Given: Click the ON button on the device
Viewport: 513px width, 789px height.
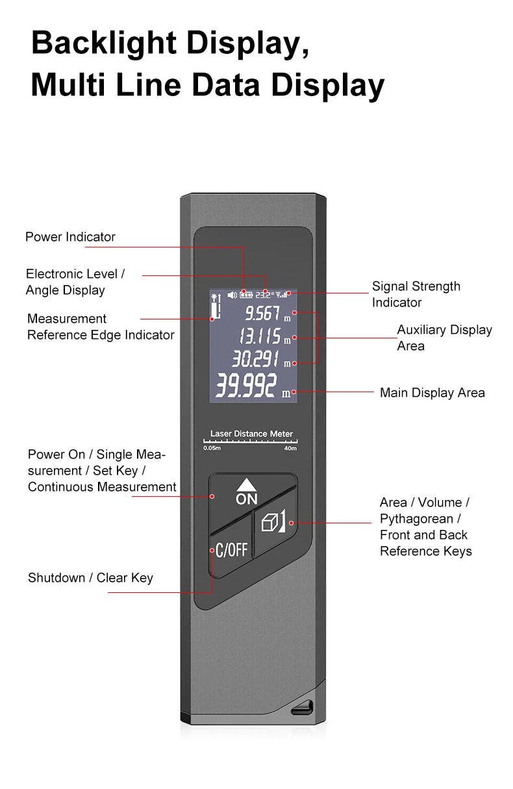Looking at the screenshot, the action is click(x=247, y=492).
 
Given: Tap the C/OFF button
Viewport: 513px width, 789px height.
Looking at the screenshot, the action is click(x=231, y=550).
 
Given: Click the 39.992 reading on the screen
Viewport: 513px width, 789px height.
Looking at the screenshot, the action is click(x=246, y=386).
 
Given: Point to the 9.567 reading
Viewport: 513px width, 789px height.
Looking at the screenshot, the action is click(x=262, y=314).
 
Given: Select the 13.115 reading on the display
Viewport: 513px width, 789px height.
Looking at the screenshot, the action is click(x=260, y=336).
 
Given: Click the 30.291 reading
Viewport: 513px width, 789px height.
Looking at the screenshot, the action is click(x=256, y=358).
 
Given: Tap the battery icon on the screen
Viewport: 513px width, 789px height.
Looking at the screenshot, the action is click(x=246, y=295).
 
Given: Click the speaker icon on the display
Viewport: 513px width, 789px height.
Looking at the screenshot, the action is click(x=232, y=295).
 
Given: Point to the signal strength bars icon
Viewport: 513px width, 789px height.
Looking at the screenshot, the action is click(x=282, y=295).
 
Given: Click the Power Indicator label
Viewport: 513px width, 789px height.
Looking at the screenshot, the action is click(x=70, y=237).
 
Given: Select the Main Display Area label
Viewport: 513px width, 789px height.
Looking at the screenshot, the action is click(x=432, y=393).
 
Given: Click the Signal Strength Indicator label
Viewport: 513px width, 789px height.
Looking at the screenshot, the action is click(x=416, y=294).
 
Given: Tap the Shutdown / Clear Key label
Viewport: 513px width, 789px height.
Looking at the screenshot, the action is click(x=90, y=578).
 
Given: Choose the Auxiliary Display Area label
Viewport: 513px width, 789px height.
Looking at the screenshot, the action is click(x=444, y=338).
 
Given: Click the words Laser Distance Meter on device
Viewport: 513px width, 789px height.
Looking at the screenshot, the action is click(x=251, y=434).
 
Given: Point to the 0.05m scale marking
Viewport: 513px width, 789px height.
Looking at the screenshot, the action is click(x=212, y=448).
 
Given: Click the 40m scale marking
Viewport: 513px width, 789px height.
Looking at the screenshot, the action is click(x=290, y=448).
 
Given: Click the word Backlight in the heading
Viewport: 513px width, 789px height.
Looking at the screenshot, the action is click(x=105, y=43).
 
